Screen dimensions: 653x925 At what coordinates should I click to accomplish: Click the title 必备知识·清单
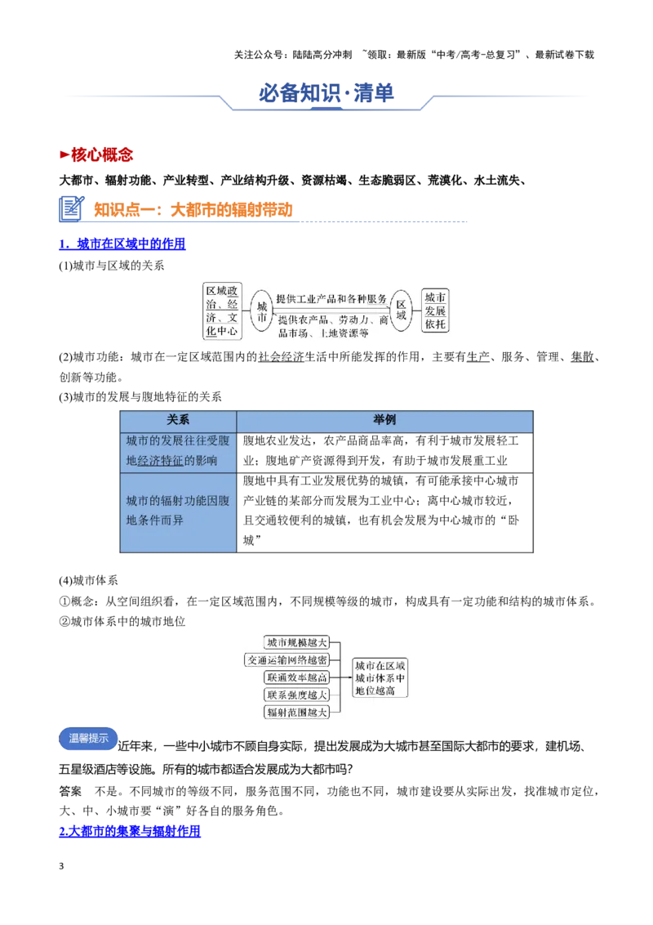[x=326, y=92]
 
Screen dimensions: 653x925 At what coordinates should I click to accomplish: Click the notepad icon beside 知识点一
[x=72, y=209]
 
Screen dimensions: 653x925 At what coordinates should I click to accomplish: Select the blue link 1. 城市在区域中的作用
[x=122, y=244]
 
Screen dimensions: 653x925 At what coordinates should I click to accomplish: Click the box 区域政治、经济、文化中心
[x=222, y=311]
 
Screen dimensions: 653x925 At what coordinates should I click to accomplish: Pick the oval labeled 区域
[x=401, y=311]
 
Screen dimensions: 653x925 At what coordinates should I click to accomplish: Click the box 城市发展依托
[x=435, y=311]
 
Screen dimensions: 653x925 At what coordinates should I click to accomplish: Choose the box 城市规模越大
[x=296, y=642]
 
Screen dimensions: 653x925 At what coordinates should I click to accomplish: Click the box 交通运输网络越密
[x=287, y=660]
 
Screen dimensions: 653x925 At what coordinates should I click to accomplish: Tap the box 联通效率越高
[x=296, y=678]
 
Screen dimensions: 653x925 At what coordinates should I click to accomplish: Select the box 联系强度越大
[x=296, y=695]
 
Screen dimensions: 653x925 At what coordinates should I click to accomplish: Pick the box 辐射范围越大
[x=296, y=713]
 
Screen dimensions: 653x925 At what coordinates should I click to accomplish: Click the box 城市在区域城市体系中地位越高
[x=380, y=678]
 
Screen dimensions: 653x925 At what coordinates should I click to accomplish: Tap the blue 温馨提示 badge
[x=88, y=739]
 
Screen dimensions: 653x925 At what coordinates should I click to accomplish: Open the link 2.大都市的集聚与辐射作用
[x=130, y=831]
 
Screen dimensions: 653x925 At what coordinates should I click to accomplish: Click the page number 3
[x=61, y=866]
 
